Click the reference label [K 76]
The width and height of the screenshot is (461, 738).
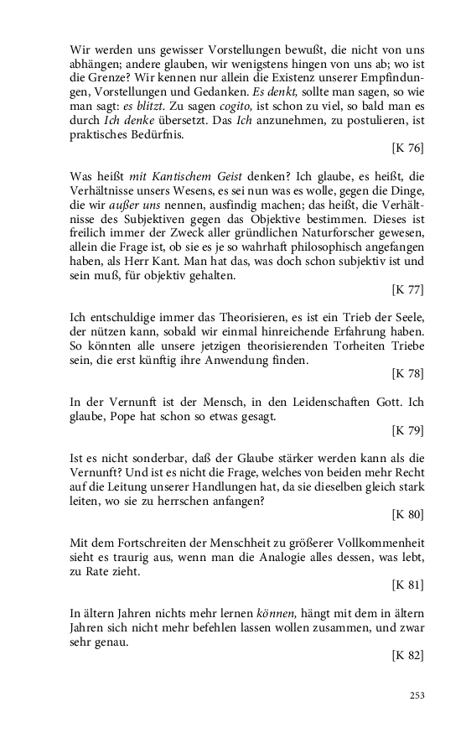(407, 148)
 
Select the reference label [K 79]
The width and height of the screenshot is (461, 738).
(407, 431)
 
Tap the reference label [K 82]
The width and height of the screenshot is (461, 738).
(407, 656)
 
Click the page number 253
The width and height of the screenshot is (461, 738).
(417, 695)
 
